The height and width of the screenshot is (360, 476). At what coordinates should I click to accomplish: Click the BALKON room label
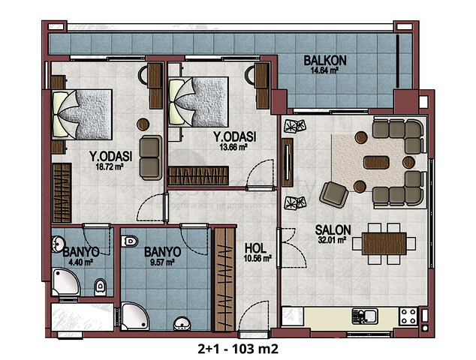pyautogui.click(x=325, y=60)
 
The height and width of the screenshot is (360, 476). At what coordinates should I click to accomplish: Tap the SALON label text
pyautogui.click(x=333, y=230)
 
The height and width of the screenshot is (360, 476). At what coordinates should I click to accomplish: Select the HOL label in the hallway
pyautogui.click(x=255, y=248)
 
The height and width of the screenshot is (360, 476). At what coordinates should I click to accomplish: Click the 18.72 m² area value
pyautogui.click(x=110, y=166)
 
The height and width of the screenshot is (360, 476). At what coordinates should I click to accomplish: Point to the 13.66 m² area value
pyautogui.click(x=233, y=148)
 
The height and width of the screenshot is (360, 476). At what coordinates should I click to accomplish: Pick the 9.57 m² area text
pyautogui.click(x=162, y=262)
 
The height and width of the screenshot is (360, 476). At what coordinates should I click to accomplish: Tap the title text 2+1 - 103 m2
pyautogui.click(x=238, y=349)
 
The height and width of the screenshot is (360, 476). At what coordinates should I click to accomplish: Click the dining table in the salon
pyautogui.click(x=384, y=244)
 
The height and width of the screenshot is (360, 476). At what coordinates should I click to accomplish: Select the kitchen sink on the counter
pyautogui.click(x=365, y=316)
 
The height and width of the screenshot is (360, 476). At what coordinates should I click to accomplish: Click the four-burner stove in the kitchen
pyautogui.click(x=408, y=316)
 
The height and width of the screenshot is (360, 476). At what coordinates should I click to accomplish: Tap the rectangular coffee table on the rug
pyautogui.click(x=376, y=162)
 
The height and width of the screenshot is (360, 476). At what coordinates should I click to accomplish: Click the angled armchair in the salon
pyautogui.click(x=333, y=194)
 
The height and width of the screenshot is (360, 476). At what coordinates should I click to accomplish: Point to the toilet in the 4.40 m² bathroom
pyautogui.click(x=100, y=287)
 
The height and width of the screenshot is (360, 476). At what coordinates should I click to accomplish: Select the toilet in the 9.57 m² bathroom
pyautogui.click(x=130, y=241)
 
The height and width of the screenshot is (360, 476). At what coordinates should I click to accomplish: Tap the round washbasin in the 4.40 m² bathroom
pyautogui.click(x=58, y=244)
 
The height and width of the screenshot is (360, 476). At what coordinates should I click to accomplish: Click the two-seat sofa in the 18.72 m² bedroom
pyautogui.click(x=151, y=157)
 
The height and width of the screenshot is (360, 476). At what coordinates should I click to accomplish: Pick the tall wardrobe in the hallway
pyautogui.click(x=224, y=279)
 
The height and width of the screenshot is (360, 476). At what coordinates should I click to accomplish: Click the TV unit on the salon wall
pyautogui.click(x=288, y=163)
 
